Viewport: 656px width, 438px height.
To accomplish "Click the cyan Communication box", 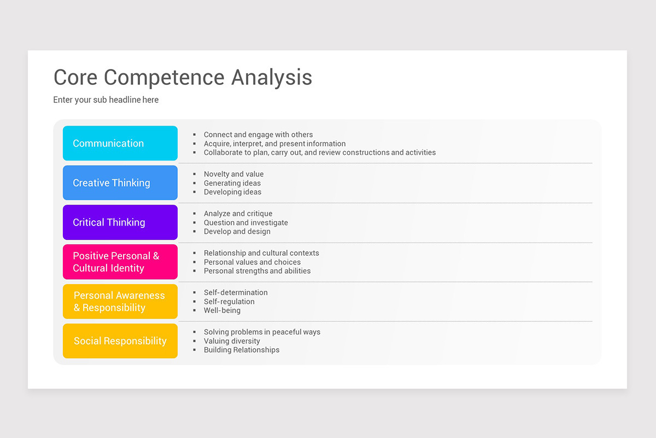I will point(120,143).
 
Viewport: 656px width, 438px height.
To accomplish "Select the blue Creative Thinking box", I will point(120,183).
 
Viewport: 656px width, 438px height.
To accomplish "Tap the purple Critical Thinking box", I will point(120,222).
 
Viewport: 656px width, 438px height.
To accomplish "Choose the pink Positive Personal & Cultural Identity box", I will point(120,262).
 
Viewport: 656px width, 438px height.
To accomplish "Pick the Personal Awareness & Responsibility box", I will point(120,301).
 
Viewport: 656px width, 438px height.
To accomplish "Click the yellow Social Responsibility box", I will point(120,341).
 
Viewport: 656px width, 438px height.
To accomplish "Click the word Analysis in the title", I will point(271,77).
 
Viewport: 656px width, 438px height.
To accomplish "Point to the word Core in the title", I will point(75,77).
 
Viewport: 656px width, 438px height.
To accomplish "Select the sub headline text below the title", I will point(106,100).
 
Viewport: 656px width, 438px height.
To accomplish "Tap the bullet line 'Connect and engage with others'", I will point(258,135).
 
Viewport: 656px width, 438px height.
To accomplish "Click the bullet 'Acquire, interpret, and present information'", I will point(274,143).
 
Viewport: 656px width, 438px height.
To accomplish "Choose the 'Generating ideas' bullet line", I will point(232,183).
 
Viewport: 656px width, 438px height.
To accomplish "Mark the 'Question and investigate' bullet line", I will point(245,222).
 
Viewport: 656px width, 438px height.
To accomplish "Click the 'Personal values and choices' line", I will point(252,262).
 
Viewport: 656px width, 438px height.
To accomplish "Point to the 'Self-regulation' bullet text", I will point(229,301).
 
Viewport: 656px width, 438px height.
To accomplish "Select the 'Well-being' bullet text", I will point(222,310).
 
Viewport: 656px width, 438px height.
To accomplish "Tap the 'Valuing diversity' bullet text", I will point(232,341).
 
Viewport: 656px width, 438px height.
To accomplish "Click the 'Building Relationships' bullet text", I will point(242,350).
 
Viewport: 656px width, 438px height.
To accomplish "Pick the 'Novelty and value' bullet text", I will point(233,174).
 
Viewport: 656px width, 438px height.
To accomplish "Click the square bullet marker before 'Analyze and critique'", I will point(195,214).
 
